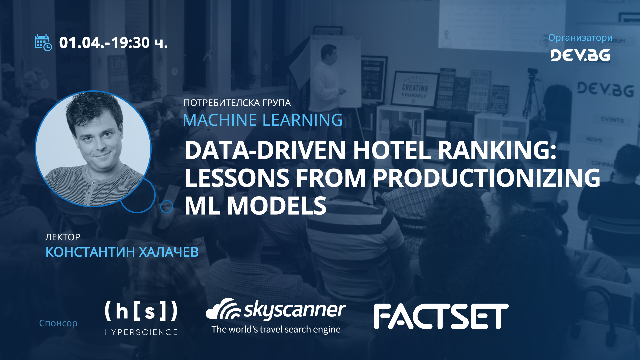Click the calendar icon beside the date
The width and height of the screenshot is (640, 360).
pyautogui.click(x=43, y=43)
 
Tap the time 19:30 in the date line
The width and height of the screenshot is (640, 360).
pyautogui.click(x=130, y=43)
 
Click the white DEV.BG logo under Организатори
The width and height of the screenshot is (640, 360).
pyautogui.click(x=580, y=55)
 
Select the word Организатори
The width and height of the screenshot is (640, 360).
pyautogui.click(x=580, y=38)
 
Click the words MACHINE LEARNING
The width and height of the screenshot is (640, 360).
pyautogui.click(x=263, y=120)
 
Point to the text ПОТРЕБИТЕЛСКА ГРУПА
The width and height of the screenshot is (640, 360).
pyautogui.click(x=237, y=103)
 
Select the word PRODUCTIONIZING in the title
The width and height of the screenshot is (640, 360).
pyautogui.click(x=486, y=178)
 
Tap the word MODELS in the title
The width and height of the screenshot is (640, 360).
pyautogui.click(x=277, y=206)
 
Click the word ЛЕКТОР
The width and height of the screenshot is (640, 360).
pyautogui.click(x=63, y=237)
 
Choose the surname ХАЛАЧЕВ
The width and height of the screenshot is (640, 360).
pyautogui.click(x=168, y=252)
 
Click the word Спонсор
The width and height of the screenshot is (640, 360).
pyautogui.click(x=58, y=323)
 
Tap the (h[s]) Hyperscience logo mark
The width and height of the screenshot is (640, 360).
pyautogui.click(x=141, y=311)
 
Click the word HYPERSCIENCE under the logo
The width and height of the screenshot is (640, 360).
pyautogui.click(x=141, y=332)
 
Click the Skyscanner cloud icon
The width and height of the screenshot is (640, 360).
pyautogui.click(x=223, y=309)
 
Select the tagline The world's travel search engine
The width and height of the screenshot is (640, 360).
pyautogui.click(x=276, y=329)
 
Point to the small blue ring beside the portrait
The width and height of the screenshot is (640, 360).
pyautogui.click(x=167, y=207)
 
